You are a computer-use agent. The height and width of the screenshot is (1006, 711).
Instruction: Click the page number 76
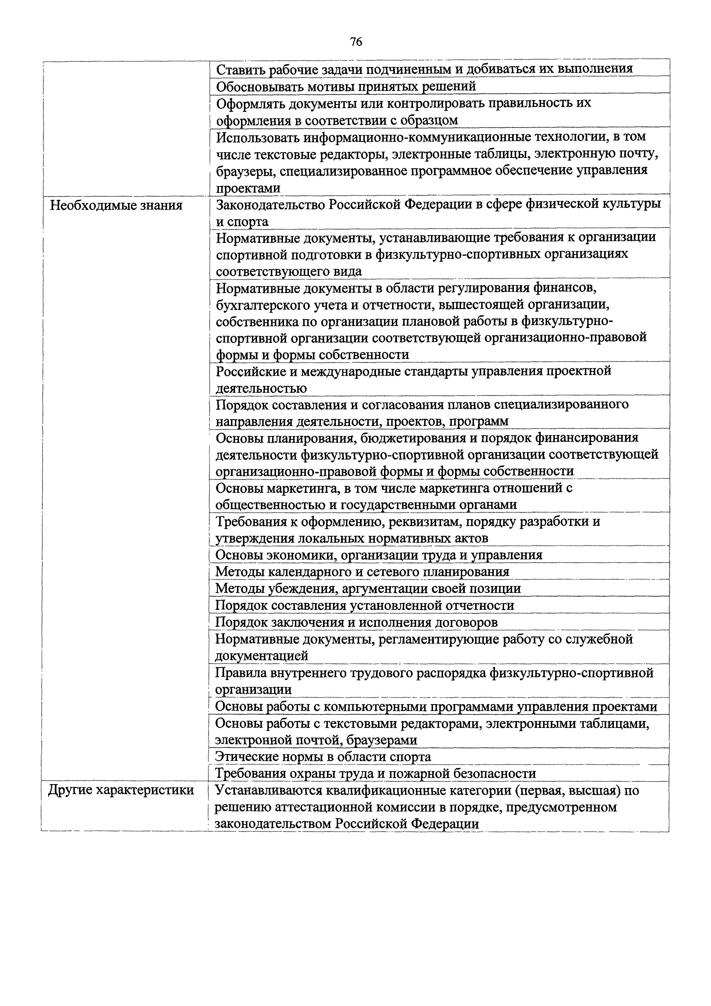[x=356, y=42]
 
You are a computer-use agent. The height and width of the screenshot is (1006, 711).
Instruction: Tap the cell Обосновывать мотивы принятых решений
[x=346, y=86]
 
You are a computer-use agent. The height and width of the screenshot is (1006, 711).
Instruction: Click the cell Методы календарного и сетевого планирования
[x=362, y=572]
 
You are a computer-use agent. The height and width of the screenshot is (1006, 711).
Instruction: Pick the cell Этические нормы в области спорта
[x=323, y=757]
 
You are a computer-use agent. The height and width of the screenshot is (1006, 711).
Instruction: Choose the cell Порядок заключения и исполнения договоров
[x=357, y=623]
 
